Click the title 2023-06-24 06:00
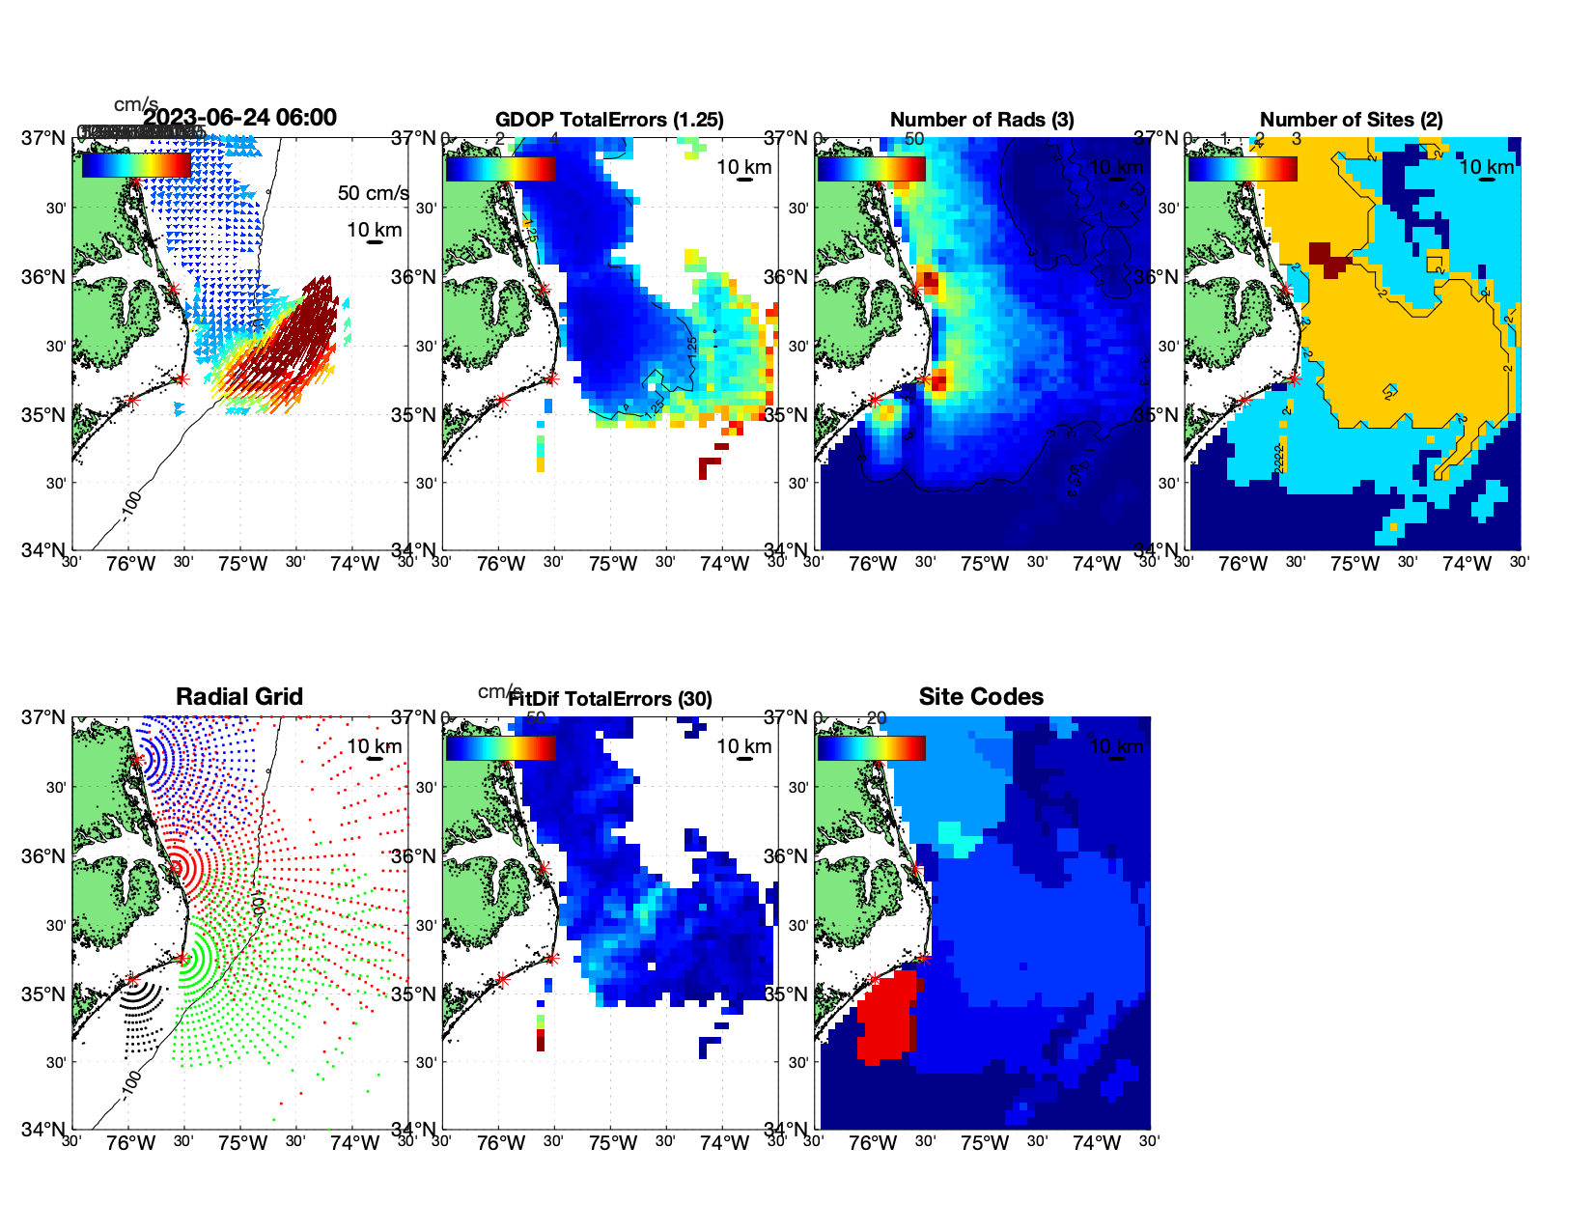point(240,118)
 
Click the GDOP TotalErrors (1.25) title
point(609,120)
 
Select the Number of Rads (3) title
point(982,120)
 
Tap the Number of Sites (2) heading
point(1352,120)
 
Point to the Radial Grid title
point(239,697)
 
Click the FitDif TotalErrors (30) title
point(610,699)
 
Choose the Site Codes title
point(981,697)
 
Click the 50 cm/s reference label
point(373,193)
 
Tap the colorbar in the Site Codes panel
point(871,748)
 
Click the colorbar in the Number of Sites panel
point(1243,169)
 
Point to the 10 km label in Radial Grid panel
point(375,746)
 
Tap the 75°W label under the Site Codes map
point(985,1143)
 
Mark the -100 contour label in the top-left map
point(131,506)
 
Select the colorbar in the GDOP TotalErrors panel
point(500,169)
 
